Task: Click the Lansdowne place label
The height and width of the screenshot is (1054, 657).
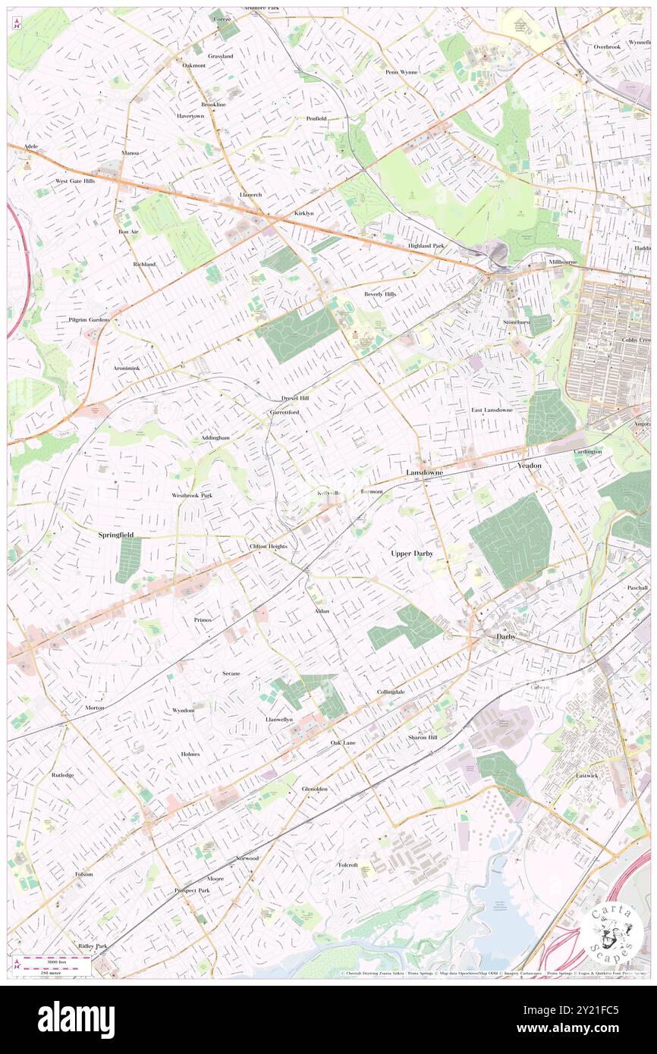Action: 424,472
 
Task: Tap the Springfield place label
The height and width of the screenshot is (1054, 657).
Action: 116,535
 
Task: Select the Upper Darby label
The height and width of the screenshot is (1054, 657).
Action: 412,554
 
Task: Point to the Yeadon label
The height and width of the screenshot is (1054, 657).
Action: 530,465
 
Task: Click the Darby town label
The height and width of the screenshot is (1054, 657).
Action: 506,636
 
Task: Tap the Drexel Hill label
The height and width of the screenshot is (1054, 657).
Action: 295,398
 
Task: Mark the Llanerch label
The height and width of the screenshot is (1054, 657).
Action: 250,195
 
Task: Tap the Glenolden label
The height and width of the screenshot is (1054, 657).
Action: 315,789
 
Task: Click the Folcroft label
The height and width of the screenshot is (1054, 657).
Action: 347,864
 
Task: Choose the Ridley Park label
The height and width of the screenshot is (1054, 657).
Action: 93,946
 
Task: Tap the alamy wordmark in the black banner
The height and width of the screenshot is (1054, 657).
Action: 76,1019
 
